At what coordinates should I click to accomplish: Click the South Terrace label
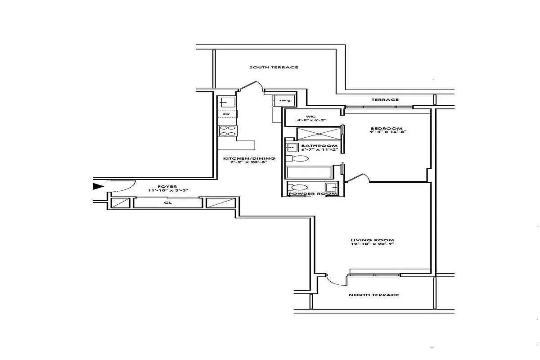[x=274, y=67]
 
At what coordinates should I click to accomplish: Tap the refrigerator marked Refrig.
[x=284, y=101]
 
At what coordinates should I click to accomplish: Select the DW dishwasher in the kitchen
[x=227, y=114]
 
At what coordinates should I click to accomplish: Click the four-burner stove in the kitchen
[x=227, y=130]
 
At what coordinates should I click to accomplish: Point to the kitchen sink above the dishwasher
[x=227, y=103]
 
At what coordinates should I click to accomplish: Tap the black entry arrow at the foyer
[x=98, y=186]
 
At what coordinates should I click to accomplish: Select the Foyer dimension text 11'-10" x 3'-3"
[x=168, y=191]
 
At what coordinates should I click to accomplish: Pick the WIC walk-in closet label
[x=311, y=117]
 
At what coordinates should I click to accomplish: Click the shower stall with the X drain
[x=319, y=134]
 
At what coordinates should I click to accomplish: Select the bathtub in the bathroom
[x=309, y=173]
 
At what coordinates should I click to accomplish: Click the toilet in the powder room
[x=297, y=188]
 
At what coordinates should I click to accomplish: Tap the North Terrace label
[x=374, y=295]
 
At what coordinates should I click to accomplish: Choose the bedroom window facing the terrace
[x=379, y=107]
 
